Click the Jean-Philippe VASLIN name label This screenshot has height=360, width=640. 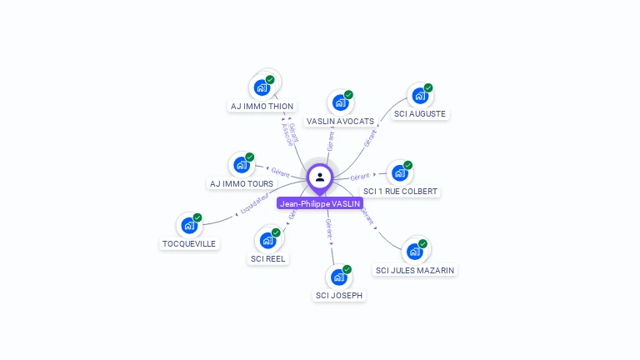(x=320, y=203)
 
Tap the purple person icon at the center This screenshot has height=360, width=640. (x=320, y=177)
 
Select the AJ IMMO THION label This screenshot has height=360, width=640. (x=262, y=107)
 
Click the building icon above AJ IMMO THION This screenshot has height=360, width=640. (x=262, y=87)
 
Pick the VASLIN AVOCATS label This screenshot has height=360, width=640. (x=340, y=122)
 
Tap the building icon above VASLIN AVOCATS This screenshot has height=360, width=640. (x=340, y=102)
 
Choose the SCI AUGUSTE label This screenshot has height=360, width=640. (x=420, y=113)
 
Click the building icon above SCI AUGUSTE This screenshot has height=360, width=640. (x=419, y=96)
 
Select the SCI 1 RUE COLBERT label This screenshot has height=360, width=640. (x=401, y=192)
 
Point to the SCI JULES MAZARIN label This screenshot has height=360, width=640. (x=415, y=270)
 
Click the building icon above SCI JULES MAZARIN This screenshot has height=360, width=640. (x=414, y=251)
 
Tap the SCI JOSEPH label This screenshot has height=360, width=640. (x=339, y=295)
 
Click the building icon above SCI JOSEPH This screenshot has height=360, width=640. (x=338, y=277)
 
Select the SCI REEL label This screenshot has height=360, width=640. (x=268, y=258)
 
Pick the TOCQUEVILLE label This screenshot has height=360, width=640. (x=189, y=243)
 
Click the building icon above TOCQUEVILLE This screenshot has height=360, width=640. (x=189, y=225)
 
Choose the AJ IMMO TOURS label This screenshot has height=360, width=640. (x=241, y=183)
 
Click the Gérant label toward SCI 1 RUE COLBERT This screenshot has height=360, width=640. (x=360, y=177)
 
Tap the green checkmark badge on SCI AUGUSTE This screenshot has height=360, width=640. (x=428, y=87)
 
